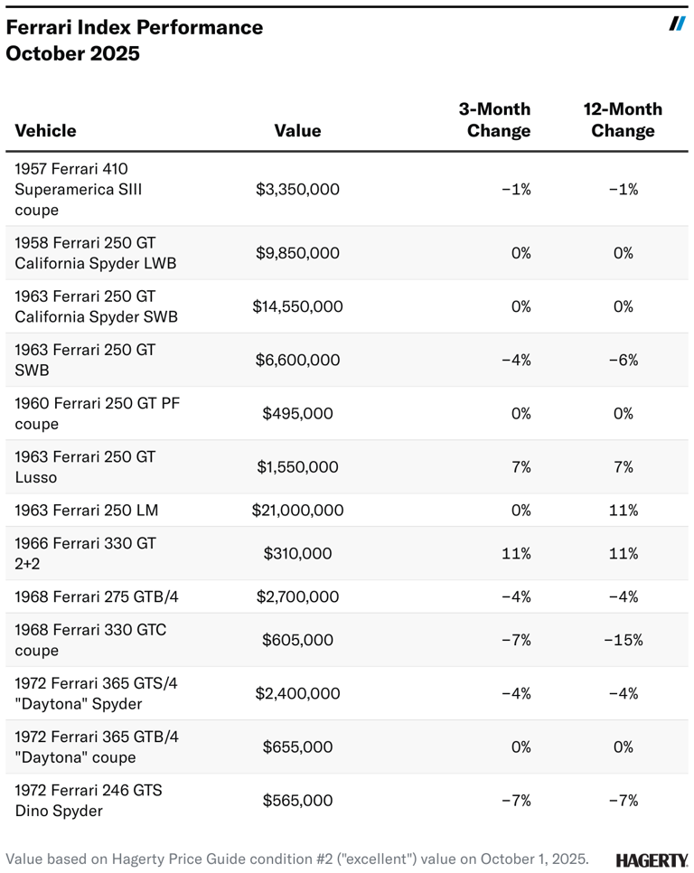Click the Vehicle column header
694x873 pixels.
pyautogui.click(x=45, y=131)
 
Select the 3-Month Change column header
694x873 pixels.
pyautogui.click(x=495, y=120)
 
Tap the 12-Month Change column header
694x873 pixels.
pyautogui.click(x=623, y=120)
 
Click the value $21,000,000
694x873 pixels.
pyautogui.click(x=297, y=511)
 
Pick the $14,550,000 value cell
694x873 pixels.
pyautogui.click(x=297, y=306)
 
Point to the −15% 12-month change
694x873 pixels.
pyautogui.click(x=623, y=640)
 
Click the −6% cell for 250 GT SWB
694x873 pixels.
pyautogui.click(x=623, y=360)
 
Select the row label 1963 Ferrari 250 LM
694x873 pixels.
pyautogui.click(x=87, y=511)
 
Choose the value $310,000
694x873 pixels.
pyautogui.click(x=297, y=553)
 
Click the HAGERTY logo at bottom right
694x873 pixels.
pyautogui.click(x=652, y=859)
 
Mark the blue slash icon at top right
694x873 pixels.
pyautogui.click(x=677, y=23)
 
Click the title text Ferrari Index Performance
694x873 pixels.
pyautogui.click(x=135, y=27)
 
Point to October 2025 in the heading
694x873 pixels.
pyautogui.click(x=73, y=53)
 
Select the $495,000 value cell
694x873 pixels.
pyautogui.click(x=297, y=414)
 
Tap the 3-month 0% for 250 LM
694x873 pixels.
pyautogui.click(x=520, y=511)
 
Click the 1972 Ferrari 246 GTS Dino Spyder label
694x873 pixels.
pyautogui.click(x=89, y=801)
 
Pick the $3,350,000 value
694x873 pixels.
pyautogui.click(x=297, y=190)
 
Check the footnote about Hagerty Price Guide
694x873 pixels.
pyautogui.click(x=297, y=859)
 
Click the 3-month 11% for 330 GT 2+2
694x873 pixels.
pyautogui.click(x=517, y=553)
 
